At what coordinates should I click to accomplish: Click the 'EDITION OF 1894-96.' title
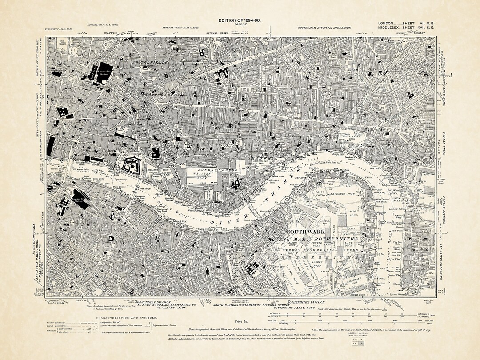(240, 20)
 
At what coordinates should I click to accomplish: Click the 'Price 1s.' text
(239, 320)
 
